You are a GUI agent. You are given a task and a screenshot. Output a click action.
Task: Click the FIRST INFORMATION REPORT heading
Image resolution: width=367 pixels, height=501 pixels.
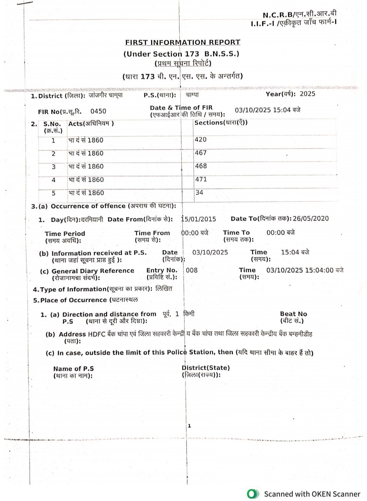click(182, 42)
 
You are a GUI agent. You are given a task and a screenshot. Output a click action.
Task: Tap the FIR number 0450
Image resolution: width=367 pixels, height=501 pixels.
click(98, 111)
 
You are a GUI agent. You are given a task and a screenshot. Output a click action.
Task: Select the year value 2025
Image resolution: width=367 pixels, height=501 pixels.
click(307, 94)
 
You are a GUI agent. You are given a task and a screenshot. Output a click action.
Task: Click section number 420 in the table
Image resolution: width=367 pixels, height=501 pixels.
click(200, 140)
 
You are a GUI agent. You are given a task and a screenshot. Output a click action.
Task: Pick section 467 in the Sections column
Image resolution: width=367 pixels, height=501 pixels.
click(200, 153)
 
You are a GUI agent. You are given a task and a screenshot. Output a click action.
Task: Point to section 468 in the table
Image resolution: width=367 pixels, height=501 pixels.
click(201, 166)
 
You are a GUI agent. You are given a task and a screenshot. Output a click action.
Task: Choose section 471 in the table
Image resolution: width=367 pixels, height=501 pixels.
click(201, 179)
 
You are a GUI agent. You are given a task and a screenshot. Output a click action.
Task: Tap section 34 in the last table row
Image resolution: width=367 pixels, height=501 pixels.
click(199, 193)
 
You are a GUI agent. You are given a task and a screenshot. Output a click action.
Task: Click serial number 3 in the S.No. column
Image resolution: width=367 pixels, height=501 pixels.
click(53, 167)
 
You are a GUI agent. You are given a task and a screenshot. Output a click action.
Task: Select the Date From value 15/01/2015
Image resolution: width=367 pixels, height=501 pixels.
click(199, 219)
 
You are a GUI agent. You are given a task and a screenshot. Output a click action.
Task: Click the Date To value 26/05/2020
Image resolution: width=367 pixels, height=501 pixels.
click(311, 218)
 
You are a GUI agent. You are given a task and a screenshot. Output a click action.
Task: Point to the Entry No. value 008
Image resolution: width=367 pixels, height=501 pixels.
click(192, 270)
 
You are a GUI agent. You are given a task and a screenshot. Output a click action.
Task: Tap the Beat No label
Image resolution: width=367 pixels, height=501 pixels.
click(293, 314)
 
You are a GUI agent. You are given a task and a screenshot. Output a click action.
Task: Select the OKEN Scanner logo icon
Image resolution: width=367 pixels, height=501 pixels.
click(253, 494)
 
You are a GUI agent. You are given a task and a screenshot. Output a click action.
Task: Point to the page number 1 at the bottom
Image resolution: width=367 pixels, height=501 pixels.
click(189, 426)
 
